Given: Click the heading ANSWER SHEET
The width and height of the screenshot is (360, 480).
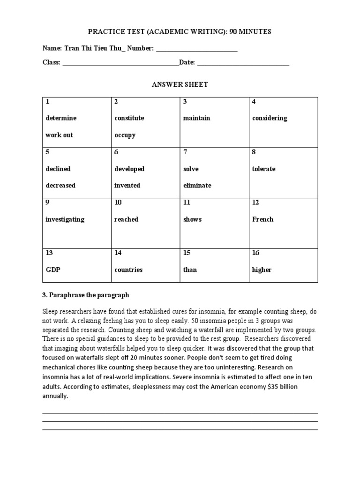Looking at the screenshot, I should [180, 84].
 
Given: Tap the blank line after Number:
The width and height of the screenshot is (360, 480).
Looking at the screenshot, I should [196, 50].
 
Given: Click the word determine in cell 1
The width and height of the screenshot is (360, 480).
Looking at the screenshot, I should [61, 118].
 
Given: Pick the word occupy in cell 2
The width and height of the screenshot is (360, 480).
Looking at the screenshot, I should [125, 135].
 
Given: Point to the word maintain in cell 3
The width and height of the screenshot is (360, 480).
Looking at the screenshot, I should [196, 118].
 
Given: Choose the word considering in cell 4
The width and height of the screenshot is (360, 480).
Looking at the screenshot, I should [270, 118].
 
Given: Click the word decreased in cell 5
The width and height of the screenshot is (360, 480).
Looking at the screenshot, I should [60, 185].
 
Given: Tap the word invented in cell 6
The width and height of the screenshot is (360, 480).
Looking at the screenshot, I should [127, 185].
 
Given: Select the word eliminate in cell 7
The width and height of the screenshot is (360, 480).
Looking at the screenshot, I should [197, 185].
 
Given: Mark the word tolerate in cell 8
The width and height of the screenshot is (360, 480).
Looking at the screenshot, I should [264, 169].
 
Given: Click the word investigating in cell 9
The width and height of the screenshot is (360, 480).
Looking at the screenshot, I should [65, 219].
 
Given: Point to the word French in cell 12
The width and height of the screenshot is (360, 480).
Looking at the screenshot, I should [262, 219].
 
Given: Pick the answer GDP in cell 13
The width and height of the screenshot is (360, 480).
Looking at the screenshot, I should [53, 270].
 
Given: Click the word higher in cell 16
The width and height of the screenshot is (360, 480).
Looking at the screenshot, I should [262, 270].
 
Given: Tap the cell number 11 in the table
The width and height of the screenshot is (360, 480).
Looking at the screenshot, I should [187, 202].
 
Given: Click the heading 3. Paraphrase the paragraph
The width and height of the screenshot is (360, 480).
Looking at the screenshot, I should [85, 295].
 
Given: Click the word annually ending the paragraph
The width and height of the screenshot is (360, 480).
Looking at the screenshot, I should [55, 396].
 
